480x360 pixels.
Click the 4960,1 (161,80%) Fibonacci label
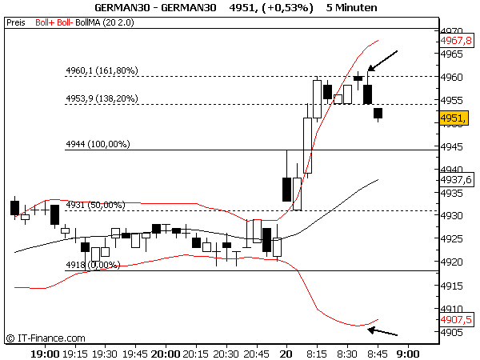click(x=102, y=71)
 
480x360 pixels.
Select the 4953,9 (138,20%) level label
click(x=102, y=99)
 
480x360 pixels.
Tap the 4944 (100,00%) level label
click(x=97, y=145)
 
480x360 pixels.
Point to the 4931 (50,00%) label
click(x=95, y=206)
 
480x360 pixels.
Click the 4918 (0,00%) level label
click(x=92, y=265)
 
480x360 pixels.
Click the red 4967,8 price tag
click(x=456, y=40)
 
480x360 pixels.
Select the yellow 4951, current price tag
click(x=454, y=118)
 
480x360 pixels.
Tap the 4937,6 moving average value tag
click(x=456, y=180)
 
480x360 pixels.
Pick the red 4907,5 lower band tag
click(x=456, y=319)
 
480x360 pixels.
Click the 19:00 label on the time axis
click(x=44, y=353)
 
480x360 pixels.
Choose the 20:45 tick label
click(x=257, y=353)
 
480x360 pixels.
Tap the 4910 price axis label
click(x=454, y=308)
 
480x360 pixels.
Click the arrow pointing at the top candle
click(x=382, y=61)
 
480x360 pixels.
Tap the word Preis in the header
click(x=15, y=23)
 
